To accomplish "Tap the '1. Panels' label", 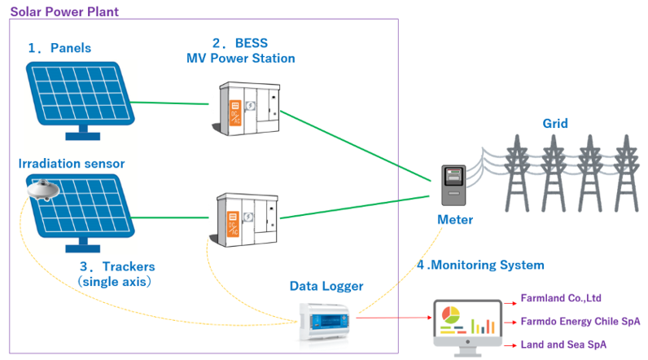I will click(x=59, y=48).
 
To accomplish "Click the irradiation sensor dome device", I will click(x=42, y=190).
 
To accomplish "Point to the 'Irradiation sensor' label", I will click(x=72, y=164).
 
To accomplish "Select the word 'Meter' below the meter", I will click(x=455, y=220).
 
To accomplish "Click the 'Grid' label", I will click(x=555, y=125).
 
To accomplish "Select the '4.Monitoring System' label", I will click(x=480, y=265).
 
